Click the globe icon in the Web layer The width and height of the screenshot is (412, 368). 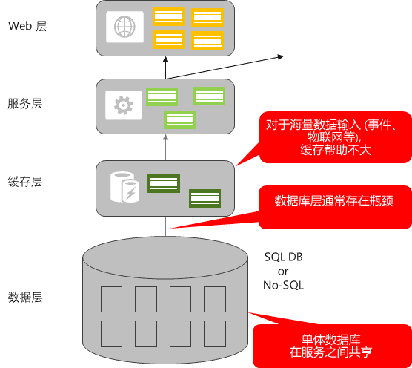124,27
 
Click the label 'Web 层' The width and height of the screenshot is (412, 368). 27,26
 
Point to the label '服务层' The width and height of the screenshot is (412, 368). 25,103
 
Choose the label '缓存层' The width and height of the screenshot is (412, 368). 25,182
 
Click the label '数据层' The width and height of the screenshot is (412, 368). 25,298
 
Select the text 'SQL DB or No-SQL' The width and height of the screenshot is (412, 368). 283,270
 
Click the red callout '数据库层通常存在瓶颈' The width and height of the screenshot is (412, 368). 333,201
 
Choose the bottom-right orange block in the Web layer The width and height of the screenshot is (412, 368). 205,40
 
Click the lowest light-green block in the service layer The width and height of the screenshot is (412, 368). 179,119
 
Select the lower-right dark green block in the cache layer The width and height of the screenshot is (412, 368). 204,198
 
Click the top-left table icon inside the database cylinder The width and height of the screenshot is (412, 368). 110,298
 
